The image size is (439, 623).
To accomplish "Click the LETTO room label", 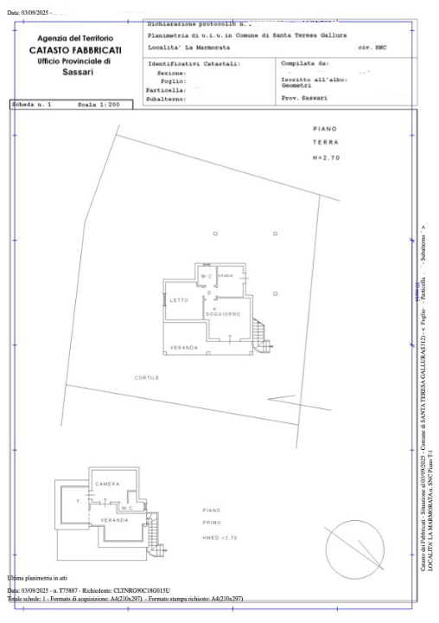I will click(179, 300).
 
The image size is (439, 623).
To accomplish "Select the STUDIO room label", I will click(226, 276).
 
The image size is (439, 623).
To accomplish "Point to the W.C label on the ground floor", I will click(207, 276).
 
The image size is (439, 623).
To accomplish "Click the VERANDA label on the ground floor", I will click(184, 347).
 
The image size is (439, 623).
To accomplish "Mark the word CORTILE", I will click(146, 377).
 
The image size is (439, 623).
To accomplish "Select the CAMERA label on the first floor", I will click(107, 483).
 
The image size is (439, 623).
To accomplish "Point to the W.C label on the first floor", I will click(126, 508).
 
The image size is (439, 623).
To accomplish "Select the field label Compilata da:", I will click(305, 63).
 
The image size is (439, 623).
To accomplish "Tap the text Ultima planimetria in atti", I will click(37, 577).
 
